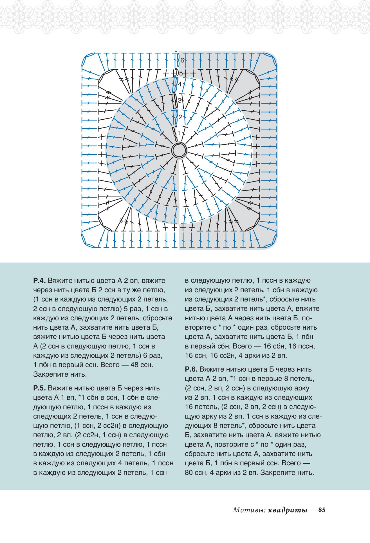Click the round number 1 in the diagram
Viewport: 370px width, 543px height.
(x=179, y=133)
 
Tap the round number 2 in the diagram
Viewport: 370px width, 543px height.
(x=180, y=117)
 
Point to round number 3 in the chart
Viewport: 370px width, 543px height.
(x=180, y=100)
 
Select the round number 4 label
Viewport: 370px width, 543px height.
(x=180, y=84)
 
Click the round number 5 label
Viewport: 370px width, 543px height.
(x=181, y=73)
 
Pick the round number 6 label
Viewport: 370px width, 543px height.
(x=182, y=60)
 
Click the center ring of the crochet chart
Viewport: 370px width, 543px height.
(x=179, y=151)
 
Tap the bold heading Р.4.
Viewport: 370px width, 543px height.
(x=39, y=281)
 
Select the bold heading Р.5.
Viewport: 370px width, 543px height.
(x=39, y=388)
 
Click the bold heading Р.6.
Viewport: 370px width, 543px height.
(x=191, y=369)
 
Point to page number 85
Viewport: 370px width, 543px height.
(x=322, y=510)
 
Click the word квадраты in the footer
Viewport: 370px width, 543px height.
(x=288, y=510)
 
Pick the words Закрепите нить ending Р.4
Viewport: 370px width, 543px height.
(x=60, y=374)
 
